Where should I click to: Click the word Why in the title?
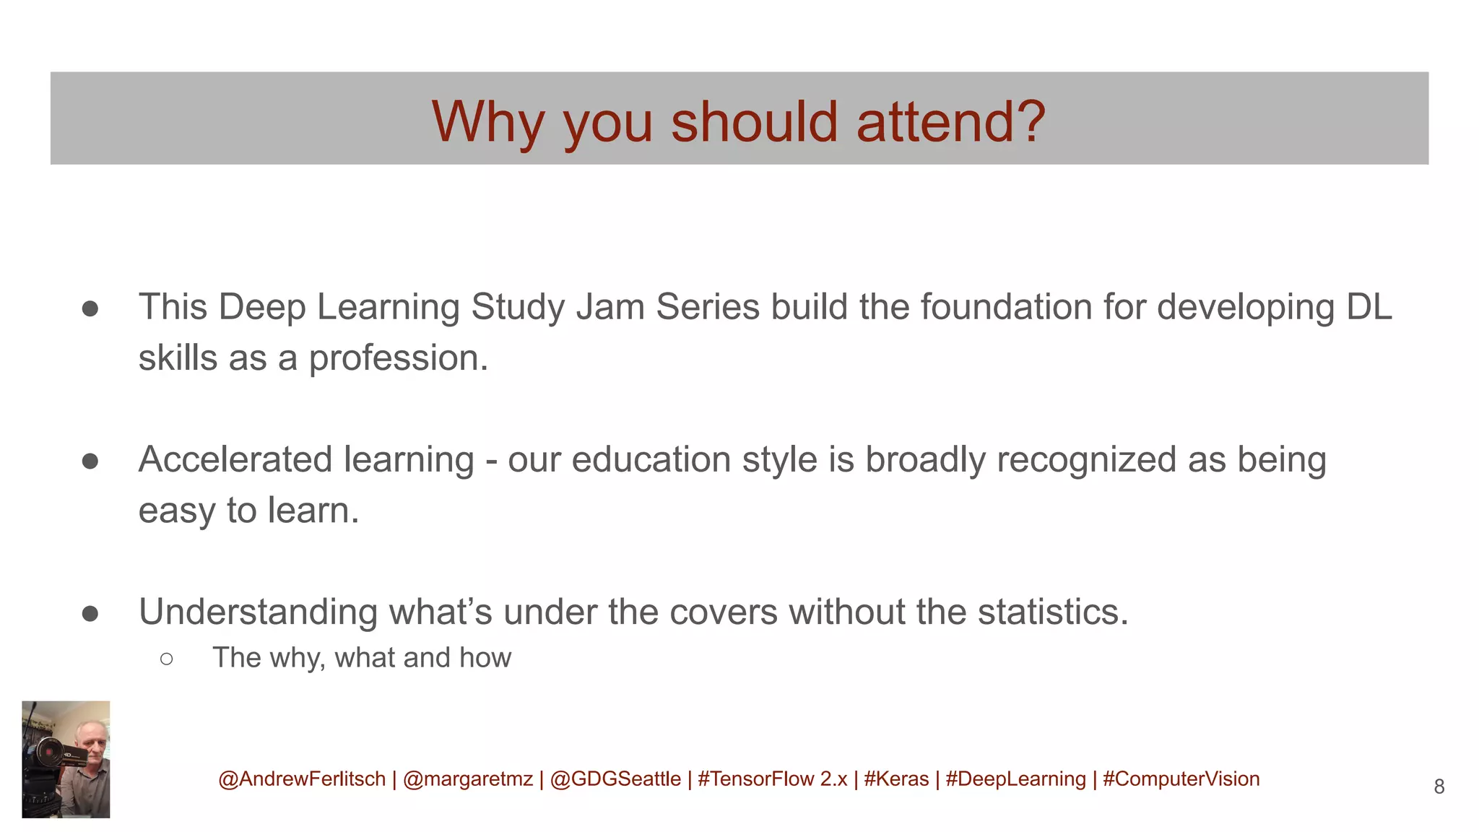click(487, 121)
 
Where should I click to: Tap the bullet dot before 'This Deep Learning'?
click(90, 309)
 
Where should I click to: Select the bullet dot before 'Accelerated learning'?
click(90, 461)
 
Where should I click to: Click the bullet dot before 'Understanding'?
click(90, 613)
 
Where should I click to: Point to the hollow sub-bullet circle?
click(167, 659)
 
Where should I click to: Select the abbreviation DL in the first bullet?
click(1369, 307)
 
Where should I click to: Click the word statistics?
click(1052, 612)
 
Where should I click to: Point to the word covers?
click(723, 612)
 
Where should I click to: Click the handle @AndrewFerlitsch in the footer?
click(302, 779)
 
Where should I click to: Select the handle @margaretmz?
click(468, 779)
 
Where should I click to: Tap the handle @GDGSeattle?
click(615, 779)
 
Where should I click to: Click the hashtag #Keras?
click(896, 779)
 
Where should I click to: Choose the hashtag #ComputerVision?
click(1181, 779)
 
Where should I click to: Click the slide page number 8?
click(1439, 786)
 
